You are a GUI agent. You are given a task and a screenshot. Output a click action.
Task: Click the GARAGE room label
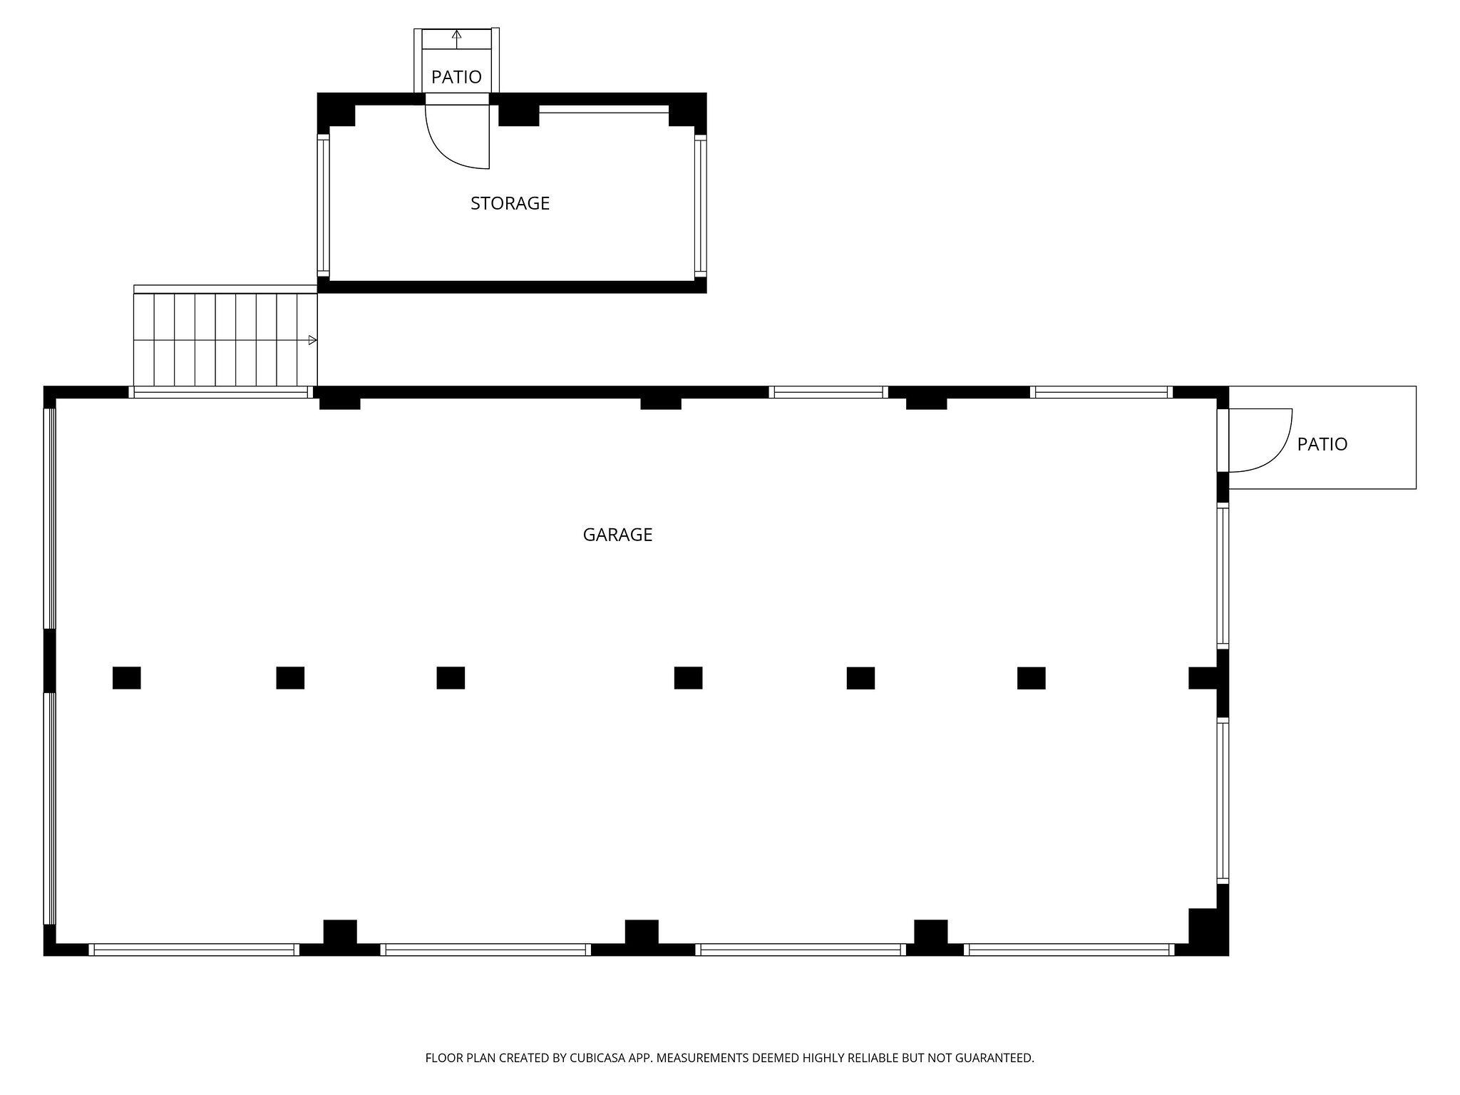click(617, 535)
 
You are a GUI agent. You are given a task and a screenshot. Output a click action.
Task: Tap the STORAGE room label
click(510, 203)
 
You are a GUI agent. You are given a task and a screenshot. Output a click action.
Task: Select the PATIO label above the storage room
click(456, 77)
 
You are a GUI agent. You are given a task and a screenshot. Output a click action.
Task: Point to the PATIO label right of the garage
click(1322, 444)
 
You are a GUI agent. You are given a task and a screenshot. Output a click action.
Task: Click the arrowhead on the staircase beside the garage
click(312, 340)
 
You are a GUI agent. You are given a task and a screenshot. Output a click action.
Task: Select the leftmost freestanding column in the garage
click(127, 678)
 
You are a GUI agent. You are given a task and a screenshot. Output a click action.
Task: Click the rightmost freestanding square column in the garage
click(1031, 678)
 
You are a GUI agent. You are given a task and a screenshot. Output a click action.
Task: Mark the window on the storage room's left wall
click(324, 207)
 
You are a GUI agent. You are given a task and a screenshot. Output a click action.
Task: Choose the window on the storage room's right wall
click(700, 207)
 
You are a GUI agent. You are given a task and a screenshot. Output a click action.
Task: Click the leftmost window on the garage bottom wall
click(194, 950)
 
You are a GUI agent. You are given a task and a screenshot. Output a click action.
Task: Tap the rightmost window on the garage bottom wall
click(1069, 950)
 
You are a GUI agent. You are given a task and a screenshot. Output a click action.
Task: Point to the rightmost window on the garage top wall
click(1101, 392)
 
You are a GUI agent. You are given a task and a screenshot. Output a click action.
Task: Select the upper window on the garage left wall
click(50, 518)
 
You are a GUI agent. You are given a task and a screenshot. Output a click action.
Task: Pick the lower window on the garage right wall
click(1223, 801)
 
